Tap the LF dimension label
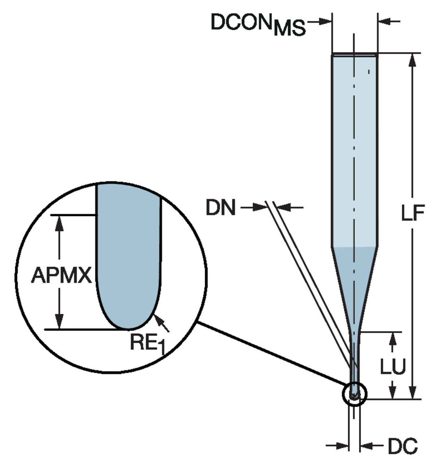tap(412, 213)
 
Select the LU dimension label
tap(392, 367)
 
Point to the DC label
tap(402, 446)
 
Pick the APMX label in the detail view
tap(62, 275)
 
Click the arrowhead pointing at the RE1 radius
tap(158, 320)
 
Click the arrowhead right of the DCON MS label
tap(325, 21)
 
